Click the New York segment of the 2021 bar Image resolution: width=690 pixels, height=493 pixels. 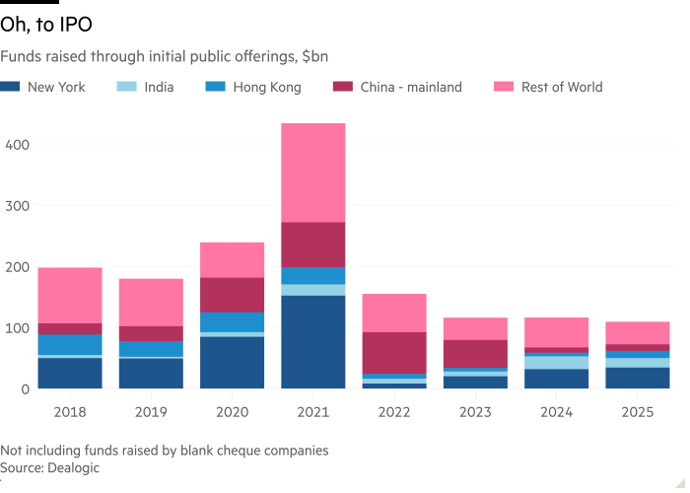[313, 341]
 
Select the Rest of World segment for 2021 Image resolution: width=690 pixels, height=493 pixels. [313, 173]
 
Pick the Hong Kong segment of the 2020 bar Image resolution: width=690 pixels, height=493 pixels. [233, 322]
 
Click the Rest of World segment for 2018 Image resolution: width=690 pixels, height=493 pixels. [70, 295]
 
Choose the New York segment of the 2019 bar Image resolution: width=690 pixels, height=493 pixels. [151, 373]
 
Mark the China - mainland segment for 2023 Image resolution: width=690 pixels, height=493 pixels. [475, 354]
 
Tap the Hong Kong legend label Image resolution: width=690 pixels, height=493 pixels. [266, 87]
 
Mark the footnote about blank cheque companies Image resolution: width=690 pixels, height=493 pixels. [165, 451]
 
